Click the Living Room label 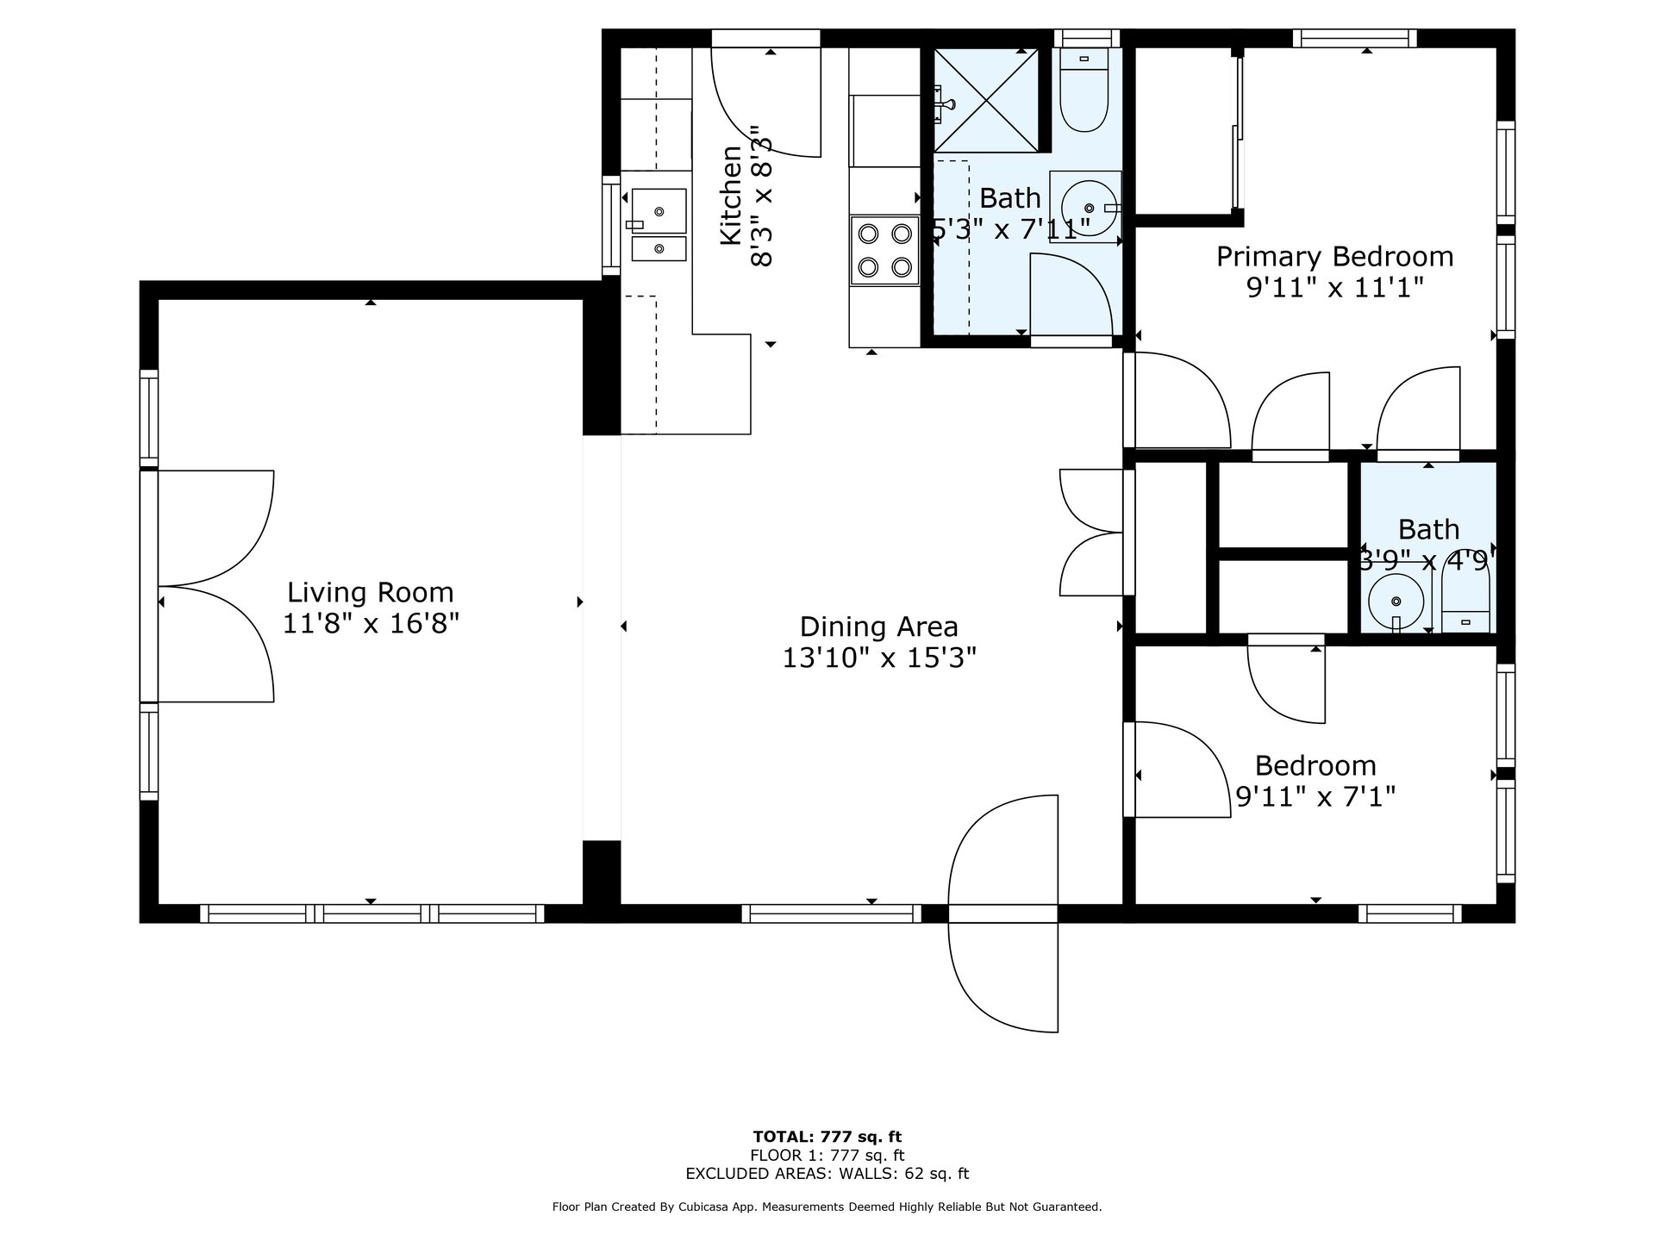[x=370, y=592]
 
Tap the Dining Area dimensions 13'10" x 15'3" [x=878, y=658]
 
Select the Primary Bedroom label [x=1334, y=257]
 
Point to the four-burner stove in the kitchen [x=885, y=250]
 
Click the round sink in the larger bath [x=1084, y=207]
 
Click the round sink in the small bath [x=1396, y=601]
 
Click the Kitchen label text [x=731, y=196]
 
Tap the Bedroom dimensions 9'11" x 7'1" [x=1315, y=796]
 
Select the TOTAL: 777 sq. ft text [x=827, y=1137]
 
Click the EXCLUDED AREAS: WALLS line [x=827, y=1174]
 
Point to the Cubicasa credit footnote [x=827, y=1207]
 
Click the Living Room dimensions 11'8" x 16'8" [x=371, y=623]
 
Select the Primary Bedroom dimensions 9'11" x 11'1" [x=1334, y=287]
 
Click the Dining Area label [x=878, y=627]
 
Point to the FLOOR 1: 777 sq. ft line [x=827, y=1156]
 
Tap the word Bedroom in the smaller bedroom [x=1315, y=765]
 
